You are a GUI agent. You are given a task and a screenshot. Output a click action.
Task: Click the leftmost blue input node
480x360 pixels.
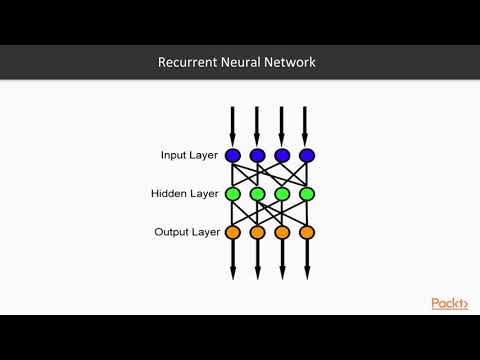(233, 155)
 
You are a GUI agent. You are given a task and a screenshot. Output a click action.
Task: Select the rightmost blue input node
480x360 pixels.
(307, 155)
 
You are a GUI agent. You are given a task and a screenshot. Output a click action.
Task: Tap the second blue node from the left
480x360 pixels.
(257, 155)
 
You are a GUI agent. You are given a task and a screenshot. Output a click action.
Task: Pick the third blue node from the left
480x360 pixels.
(282, 155)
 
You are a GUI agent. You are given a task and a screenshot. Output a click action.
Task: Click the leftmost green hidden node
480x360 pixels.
(233, 193)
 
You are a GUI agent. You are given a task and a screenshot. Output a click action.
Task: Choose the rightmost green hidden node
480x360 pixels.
(307, 193)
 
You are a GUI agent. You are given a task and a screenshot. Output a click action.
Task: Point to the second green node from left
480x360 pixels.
(257, 193)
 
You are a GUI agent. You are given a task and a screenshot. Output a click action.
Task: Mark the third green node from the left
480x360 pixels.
(282, 193)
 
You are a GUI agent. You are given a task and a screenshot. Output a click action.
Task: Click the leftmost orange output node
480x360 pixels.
(233, 232)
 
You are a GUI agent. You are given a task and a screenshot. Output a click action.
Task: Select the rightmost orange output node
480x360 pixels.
(307, 232)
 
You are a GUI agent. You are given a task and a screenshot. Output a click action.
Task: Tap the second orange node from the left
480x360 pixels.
(257, 232)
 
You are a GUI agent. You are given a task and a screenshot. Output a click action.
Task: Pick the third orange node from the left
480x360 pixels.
(282, 232)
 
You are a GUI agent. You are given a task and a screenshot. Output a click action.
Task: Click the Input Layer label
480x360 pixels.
(189, 155)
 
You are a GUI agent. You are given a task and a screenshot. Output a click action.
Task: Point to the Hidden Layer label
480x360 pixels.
(186, 193)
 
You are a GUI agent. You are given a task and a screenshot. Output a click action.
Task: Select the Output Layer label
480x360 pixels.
(186, 232)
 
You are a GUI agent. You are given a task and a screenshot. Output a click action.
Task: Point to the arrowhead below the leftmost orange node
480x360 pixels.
(233, 272)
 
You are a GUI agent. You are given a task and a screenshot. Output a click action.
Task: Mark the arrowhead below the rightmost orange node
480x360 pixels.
(307, 272)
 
